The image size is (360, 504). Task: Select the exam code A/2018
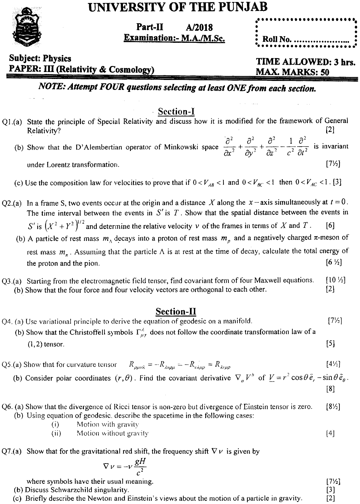[199, 27]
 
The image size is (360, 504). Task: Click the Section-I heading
[176, 111]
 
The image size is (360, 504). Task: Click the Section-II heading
[176, 312]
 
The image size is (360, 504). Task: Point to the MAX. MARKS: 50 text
[292, 72]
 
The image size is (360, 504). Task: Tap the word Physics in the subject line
[57, 58]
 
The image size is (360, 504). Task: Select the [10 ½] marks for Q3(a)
[335, 280]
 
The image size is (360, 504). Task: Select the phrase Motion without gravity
[112, 433]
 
